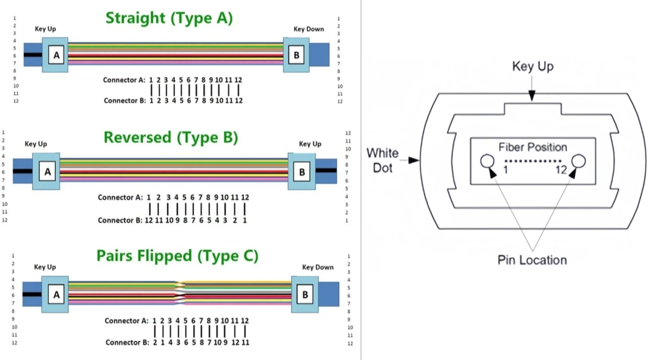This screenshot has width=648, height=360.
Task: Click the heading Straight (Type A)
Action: (169, 18)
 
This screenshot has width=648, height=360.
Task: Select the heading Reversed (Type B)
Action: (171, 138)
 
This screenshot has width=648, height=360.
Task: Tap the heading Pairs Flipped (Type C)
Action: (177, 256)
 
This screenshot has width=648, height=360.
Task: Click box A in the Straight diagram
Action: (56, 55)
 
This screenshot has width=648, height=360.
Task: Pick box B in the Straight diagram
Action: (296, 55)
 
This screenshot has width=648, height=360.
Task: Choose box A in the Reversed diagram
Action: (48, 172)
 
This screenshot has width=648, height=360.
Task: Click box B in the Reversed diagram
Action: (302, 172)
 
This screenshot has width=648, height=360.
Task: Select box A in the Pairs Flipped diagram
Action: (56, 295)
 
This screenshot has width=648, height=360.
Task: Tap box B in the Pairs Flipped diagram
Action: (305, 295)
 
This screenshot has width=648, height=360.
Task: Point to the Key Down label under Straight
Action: (309, 29)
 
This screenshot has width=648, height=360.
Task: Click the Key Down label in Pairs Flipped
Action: (318, 267)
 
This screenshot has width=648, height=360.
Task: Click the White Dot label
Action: (382, 160)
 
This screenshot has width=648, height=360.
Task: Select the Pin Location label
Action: (532, 260)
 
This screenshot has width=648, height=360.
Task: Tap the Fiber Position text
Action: (533, 147)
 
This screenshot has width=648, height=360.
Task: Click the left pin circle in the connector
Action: (487, 161)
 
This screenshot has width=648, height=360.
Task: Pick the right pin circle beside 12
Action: (578, 161)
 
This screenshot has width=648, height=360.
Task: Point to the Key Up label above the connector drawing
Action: (533, 66)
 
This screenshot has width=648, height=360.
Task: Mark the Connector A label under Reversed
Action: (120, 197)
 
